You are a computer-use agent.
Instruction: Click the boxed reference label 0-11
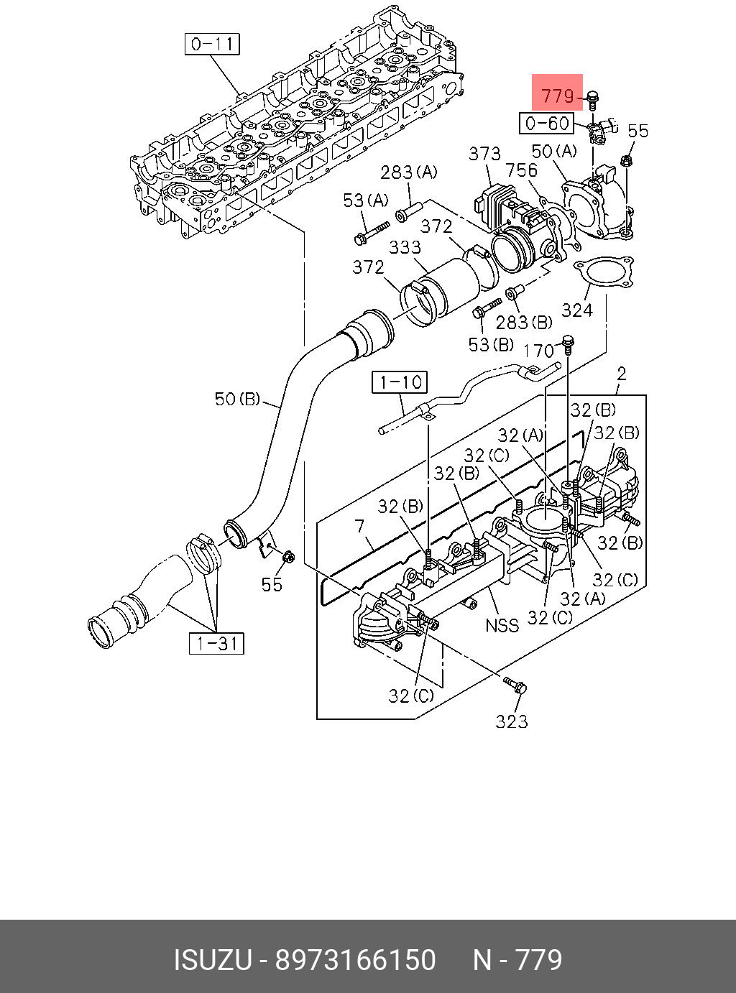pos(212,44)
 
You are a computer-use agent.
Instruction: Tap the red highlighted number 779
pos(558,96)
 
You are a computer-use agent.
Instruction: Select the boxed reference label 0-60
pos(546,123)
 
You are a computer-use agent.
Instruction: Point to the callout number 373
pos(484,154)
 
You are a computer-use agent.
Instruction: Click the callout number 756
pos(521,170)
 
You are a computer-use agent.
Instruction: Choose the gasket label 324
pos(577,310)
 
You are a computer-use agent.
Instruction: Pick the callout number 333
pos(405,247)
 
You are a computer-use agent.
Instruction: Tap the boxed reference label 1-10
pos(400,382)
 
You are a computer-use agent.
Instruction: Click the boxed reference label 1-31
pos(216,644)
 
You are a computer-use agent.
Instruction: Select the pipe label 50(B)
pos(237,399)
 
